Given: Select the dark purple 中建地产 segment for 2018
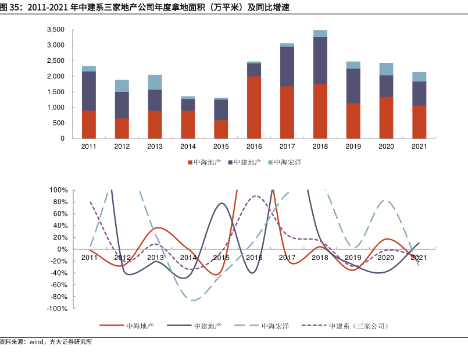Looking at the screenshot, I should tap(320, 60).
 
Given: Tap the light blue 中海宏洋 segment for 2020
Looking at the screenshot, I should tap(386, 69).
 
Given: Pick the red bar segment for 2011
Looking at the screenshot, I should tap(89, 124).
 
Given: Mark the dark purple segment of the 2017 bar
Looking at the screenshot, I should tap(287, 66).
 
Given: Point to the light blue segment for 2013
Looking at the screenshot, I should tap(155, 82).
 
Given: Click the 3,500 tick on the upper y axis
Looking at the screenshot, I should tap(55, 30).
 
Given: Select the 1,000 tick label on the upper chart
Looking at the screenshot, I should tap(55, 108).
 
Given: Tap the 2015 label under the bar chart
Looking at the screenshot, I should tap(221, 147).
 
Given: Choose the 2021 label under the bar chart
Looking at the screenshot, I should tap(419, 147).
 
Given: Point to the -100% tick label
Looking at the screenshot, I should tap(58, 309).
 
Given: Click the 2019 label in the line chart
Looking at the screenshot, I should tap(353, 257).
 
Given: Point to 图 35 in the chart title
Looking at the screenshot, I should tap(12, 8).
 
